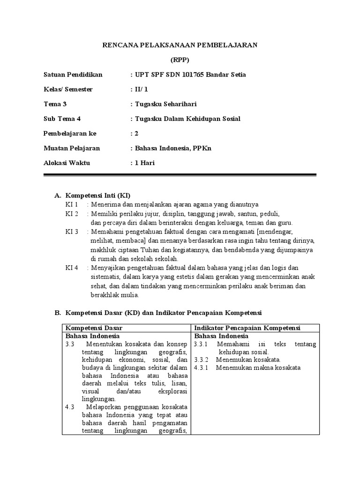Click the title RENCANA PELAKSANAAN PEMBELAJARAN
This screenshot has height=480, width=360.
tap(180, 45)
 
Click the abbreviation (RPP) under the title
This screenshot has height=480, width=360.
tap(180, 60)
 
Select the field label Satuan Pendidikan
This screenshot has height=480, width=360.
tap(73, 75)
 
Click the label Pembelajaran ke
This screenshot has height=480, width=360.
tap(70, 133)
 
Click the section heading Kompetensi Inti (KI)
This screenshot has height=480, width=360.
tap(98, 195)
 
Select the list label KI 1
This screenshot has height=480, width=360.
tap(72, 204)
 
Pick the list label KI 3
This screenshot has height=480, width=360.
tap(72, 232)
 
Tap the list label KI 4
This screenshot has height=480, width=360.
tap(72, 268)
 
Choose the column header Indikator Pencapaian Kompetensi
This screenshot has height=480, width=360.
tap(247, 327)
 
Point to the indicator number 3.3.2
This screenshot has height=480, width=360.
tap(201, 360)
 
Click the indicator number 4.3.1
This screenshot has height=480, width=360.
tap(201, 367)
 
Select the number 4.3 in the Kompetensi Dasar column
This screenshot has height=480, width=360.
tap(70, 407)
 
